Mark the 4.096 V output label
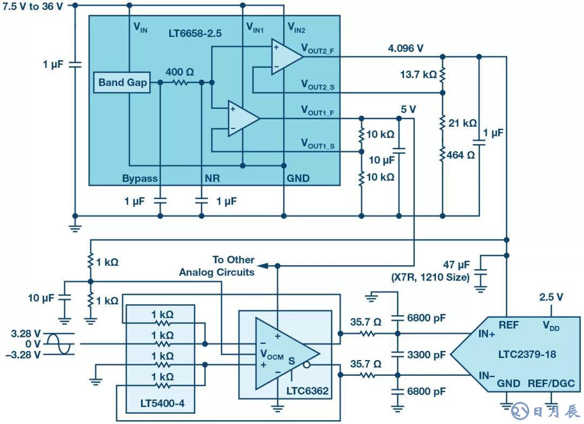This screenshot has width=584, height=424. tap(405, 48)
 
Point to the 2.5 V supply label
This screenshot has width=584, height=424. tap(551, 297)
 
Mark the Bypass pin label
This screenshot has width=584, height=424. tap(140, 178)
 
